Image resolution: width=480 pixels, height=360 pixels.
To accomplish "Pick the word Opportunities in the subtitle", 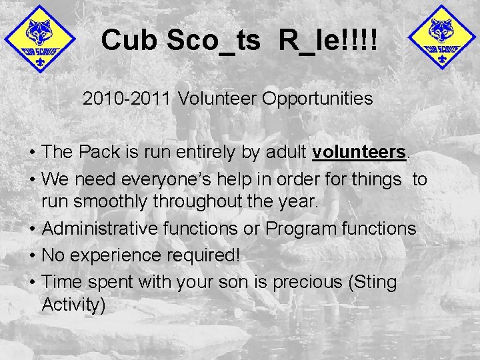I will click(x=317, y=99).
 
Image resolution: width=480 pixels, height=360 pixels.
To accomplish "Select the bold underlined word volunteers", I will click(x=359, y=152).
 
